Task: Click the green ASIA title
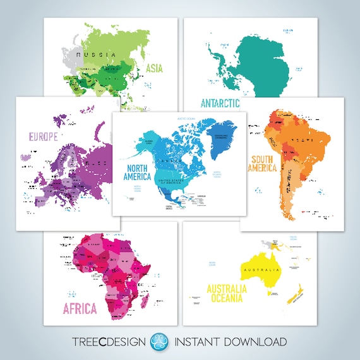(x=155, y=68)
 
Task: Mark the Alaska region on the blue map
(x=152, y=143)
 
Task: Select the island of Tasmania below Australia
(x=271, y=293)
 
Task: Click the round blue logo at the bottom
(x=157, y=342)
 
